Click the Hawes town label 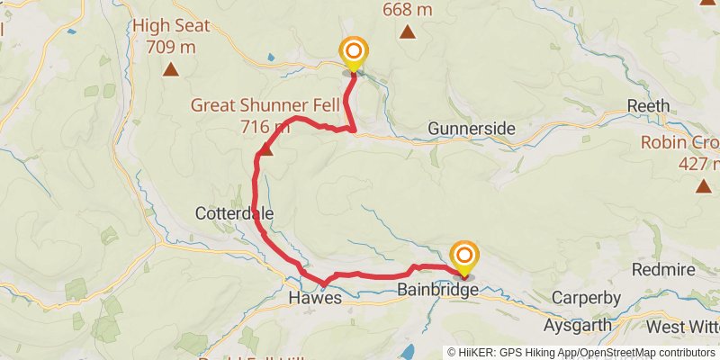coord(315,298)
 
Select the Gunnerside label coord(472,129)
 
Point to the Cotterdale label coord(234,213)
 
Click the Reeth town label coord(649,105)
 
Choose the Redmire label coord(663,269)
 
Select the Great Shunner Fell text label coord(251,104)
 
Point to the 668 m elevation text coord(407,10)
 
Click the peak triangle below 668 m coord(407,33)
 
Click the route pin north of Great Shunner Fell coord(354,53)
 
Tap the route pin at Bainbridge coord(464,257)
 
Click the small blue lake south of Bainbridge coord(409,350)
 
